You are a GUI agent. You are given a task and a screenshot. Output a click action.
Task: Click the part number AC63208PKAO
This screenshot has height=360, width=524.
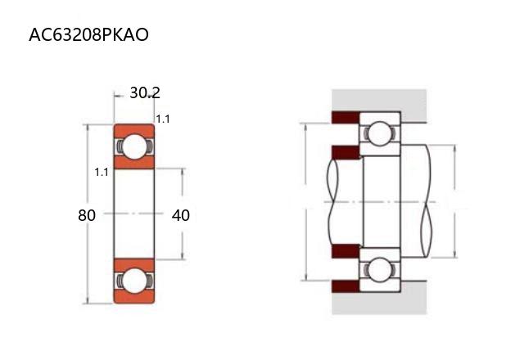tap(89, 34)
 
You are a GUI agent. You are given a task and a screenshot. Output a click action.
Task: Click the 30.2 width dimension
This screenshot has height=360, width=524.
tap(145, 92)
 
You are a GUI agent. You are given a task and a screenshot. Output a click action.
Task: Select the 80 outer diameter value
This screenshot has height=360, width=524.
tap(87, 215)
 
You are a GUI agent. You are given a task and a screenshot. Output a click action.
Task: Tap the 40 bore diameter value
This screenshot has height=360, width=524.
tap(181, 215)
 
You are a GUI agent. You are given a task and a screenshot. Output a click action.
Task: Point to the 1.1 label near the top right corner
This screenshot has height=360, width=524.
tap(163, 119)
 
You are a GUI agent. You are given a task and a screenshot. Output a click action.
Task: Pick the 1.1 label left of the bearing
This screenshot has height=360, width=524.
tap(102, 173)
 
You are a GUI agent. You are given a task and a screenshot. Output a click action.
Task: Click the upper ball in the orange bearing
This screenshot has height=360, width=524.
tap(134, 146)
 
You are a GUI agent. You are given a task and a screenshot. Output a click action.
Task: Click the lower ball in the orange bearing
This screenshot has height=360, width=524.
tap(134, 281)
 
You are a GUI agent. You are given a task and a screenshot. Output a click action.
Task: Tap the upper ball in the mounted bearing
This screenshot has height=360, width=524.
tap(380, 133)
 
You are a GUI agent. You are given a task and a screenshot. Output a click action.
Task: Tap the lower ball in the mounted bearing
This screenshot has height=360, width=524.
tap(380, 269)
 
